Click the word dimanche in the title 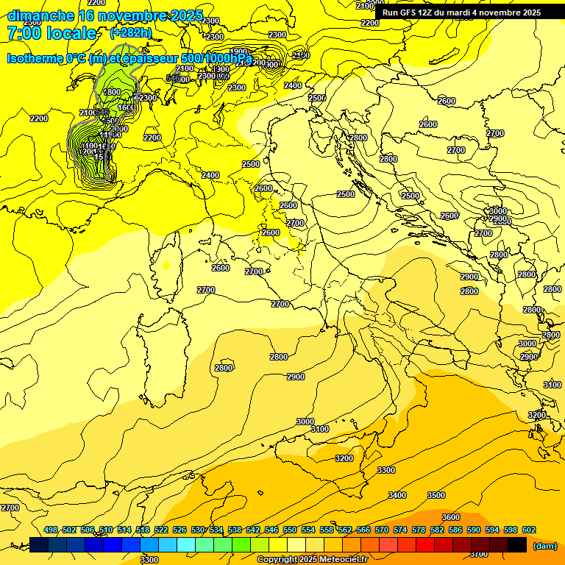coord(41,15)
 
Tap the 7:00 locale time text coord(51,33)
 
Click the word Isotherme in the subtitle coord(35,58)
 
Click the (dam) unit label coord(544,545)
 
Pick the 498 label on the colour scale coord(51,530)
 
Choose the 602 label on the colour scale coord(528,530)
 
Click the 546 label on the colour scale coord(271,530)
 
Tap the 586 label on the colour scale coord(455,530)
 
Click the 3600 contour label coord(451,517)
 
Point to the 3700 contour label coord(478,554)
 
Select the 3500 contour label coord(436,495)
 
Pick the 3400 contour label coord(397,495)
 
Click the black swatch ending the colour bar coord(517,545)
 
